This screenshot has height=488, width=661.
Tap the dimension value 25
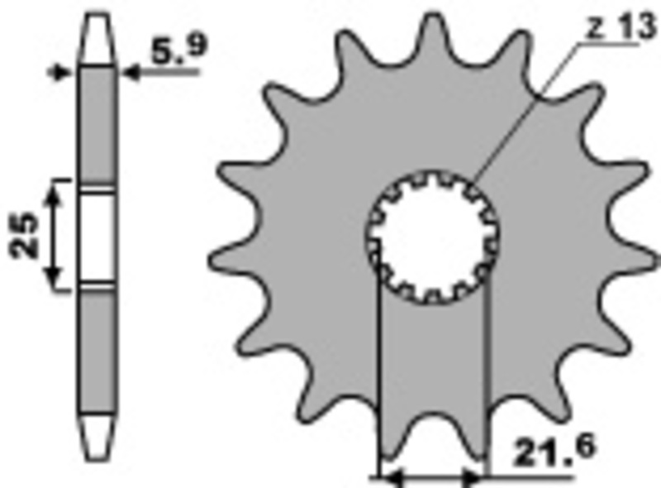pyautogui.click(x=25, y=235)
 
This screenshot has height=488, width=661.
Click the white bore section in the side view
pyautogui.click(x=98, y=235)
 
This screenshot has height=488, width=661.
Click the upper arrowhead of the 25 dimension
pyautogui.click(x=55, y=194)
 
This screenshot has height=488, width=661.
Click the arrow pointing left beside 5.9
pyautogui.click(x=132, y=73)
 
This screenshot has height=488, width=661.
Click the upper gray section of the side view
pyautogui.click(x=98, y=124)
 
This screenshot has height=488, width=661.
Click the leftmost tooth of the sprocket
pyautogui.click(x=227, y=174)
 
